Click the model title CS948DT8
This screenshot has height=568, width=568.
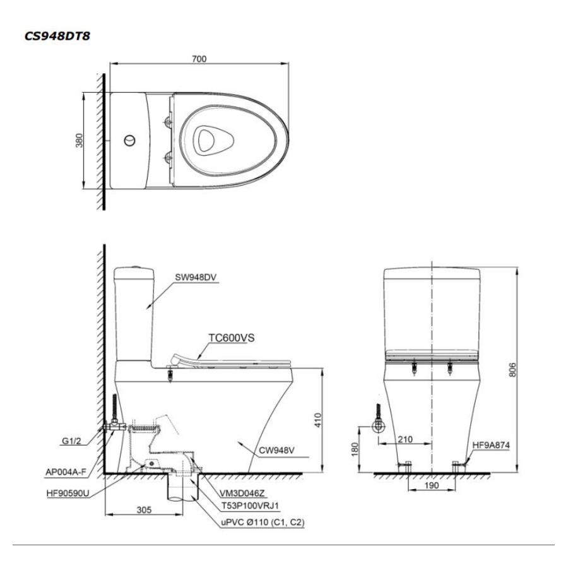click(x=57, y=36)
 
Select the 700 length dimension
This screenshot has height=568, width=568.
click(x=199, y=59)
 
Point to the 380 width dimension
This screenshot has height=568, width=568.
click(x=79, y=141)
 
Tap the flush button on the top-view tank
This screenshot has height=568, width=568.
click(x=129, y=140)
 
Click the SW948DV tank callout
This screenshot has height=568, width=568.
click(x=196, y=278)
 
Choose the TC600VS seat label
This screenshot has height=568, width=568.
click(x=232, y=338)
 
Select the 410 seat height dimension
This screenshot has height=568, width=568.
click(x=317, y=420)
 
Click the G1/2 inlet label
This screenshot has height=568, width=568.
click(x=71, y=441)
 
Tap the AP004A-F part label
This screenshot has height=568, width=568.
click(x=66, y=472)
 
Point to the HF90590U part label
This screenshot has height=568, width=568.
click(x=68, y=493)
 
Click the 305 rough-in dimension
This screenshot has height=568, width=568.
click(x=144, y=510)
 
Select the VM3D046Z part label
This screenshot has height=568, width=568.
click(x=242, y=493)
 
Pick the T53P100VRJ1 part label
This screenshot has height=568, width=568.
click(x=251, y=506)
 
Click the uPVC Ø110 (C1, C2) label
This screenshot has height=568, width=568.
click(x=263, y=523)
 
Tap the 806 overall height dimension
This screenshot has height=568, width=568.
click(x=512, y=369)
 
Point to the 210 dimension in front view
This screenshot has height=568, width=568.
click(x=405, y=439)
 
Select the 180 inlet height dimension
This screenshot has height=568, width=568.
click(x=355, y=449)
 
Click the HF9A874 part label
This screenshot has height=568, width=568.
click(x=491, y=445)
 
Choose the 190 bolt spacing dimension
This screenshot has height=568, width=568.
click(x=431, y=485)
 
